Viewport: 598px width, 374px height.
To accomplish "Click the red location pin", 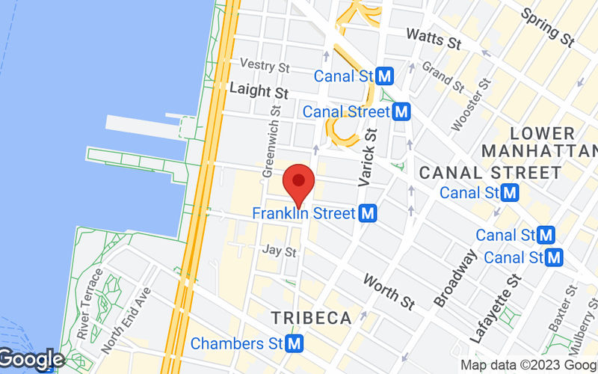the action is point(299,182).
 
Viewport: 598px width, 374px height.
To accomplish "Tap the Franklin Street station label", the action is point(303,213).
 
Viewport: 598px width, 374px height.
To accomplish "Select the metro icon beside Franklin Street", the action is point(367,214).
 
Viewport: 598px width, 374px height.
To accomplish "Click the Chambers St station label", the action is point(236,344).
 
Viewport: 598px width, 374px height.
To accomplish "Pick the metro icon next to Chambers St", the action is point(295,344).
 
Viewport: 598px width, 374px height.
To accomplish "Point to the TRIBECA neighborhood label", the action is point(311,318).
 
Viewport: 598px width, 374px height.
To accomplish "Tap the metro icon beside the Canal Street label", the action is point(402,112).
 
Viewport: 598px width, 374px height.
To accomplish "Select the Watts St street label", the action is point(433,39).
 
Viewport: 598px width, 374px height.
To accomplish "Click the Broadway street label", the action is point(454,278).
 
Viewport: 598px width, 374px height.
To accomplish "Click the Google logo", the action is point(31,361).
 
